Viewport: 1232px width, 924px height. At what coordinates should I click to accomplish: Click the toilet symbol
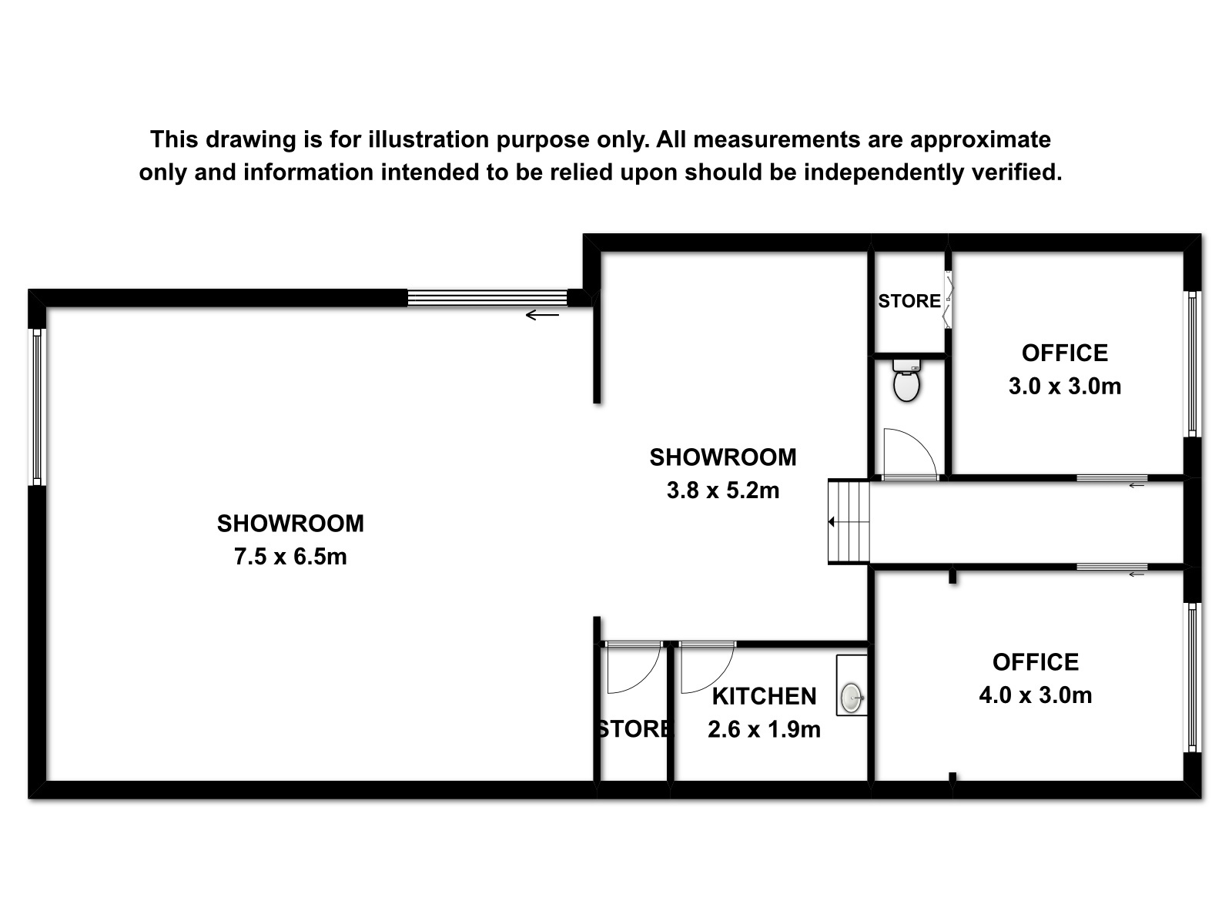[x=906, y=380]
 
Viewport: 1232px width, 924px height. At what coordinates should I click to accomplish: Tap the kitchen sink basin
[x=852, y=698]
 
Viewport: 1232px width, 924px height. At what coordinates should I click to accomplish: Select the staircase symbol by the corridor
[x=849, y=522]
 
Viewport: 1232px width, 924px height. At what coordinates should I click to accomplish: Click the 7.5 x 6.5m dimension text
[x=290, y=557]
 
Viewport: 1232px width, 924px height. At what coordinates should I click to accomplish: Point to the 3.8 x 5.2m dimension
[x=723, y=491]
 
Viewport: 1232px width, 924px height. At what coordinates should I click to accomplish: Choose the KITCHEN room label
[x=764, y=697]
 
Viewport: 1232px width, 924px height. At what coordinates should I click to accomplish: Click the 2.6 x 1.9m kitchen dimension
[x=764, y=730]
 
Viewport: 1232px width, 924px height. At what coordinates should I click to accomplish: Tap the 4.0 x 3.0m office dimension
[x=1036, y=695]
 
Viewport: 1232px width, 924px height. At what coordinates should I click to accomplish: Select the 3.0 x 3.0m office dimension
[x=1065, y=387]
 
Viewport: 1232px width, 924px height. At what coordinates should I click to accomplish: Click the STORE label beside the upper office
[x=909, y=301]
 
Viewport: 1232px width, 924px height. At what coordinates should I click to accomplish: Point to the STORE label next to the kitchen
[x=634, y=729]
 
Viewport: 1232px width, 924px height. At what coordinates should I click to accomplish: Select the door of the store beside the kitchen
[x=645, y=680]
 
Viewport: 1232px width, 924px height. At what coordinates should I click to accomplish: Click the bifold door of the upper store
[x=949, y=300]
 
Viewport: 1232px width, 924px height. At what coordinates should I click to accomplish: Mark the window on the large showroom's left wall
[x=37, y=407]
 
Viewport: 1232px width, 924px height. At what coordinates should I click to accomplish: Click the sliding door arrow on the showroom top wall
[x=542, y=315]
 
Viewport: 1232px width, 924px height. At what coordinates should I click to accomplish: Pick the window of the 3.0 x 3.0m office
[x=1192, y=363]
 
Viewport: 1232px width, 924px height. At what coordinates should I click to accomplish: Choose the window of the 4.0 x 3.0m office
[x=1192, y=678]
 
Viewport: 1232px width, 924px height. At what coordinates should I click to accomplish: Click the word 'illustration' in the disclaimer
[x=428, y=139]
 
